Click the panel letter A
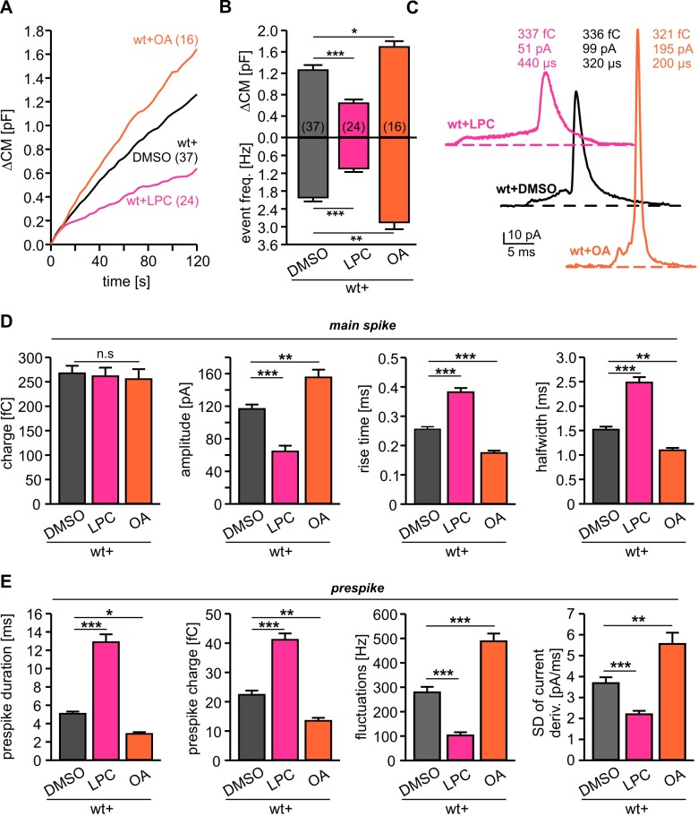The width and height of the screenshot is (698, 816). (x=8, y=8)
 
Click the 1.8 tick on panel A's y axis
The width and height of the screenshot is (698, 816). (x=36, y=30)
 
